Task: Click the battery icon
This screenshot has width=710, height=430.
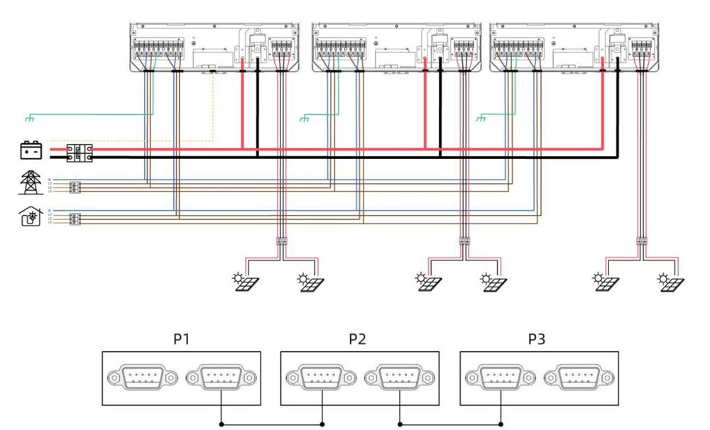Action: (x=31, y=151)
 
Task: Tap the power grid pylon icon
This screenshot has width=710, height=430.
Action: (x=31, y=182)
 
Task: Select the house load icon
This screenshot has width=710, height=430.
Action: (x=31, y=216)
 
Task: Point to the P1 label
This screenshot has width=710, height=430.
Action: (x=182, y=339)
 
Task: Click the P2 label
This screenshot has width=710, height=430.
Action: (x=357, y=339)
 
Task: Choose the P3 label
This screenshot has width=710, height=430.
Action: (x=537, y=339)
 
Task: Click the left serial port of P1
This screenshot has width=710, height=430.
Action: (x=141, y=378)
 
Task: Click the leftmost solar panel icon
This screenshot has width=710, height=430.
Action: (x=245, y=282)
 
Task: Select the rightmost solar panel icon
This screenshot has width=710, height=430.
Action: (x=669, y=282)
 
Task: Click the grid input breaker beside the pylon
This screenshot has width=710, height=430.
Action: (x=75, y=187)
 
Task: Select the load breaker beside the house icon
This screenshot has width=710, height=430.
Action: (x=75, y=218)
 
